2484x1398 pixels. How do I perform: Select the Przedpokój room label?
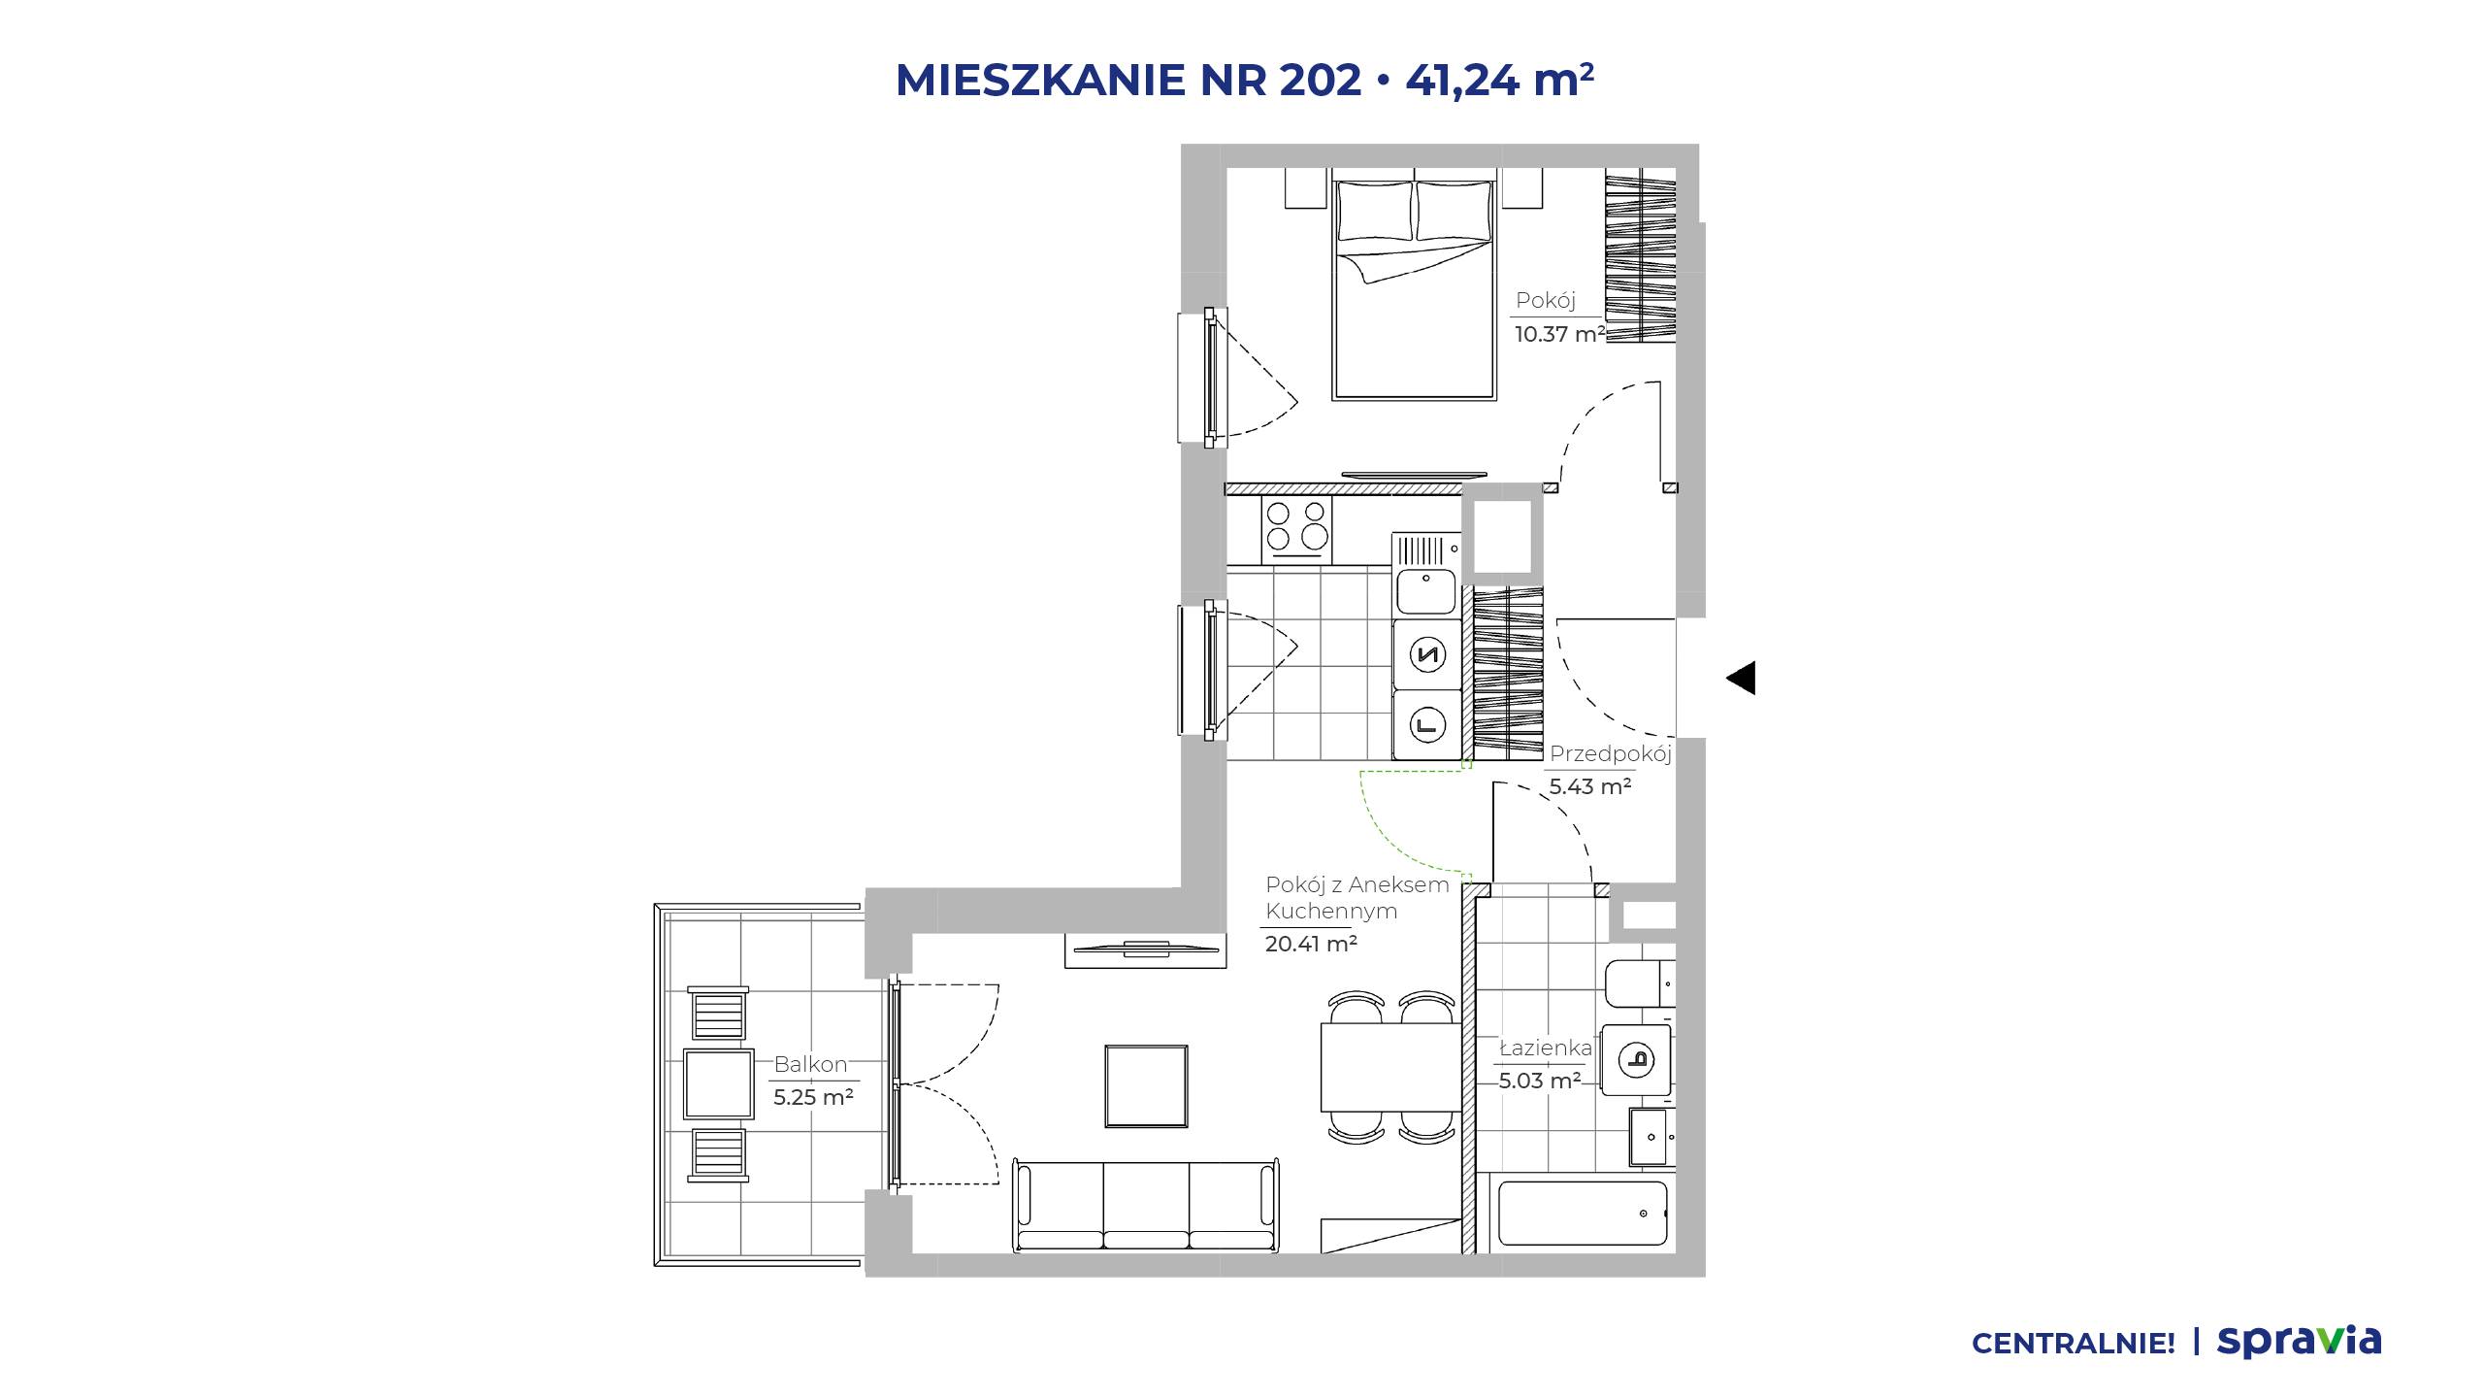[x=1610, y=754]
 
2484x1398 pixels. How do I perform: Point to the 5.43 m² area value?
[x=1589, y=786]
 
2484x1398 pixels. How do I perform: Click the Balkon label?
[x=810, y=1065]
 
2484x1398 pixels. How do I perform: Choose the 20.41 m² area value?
[x=1311, y=944]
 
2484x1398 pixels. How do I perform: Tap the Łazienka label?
[x=1546, y=1048]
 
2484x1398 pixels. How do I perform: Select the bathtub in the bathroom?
[x=1582, y=1213]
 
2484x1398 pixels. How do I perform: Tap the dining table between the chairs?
[x=1390, y=1067]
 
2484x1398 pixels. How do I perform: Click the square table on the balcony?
[x=719, y=1083]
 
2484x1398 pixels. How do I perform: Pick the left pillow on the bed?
[x=1375, y=211]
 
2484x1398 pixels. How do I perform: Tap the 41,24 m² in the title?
[x=1499, y=81]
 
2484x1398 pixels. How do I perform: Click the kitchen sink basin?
[x=1425, y=591]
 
